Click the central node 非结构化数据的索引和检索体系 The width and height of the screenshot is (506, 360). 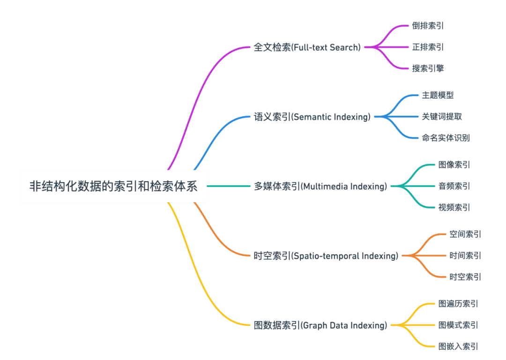[113, 186]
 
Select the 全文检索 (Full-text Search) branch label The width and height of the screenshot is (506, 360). [307, 47]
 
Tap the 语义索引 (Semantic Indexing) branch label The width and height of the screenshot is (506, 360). [312, 117]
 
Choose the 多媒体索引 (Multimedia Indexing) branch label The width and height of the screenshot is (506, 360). [320, 186]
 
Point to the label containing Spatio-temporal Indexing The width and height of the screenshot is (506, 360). [326, 256]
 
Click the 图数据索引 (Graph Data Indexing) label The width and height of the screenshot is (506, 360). [320, 325]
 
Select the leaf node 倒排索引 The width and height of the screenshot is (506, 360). [428, 26]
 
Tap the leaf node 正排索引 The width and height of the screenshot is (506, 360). [428, 47]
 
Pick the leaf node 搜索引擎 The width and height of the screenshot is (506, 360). [428, 68]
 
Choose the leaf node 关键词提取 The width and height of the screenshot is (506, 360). [442, 117]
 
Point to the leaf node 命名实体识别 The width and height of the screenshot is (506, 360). [446, 138]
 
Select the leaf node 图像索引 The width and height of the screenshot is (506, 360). [454, 165]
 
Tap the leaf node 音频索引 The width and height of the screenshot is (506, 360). [454, 186]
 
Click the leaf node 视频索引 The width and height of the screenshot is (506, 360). [454, 207]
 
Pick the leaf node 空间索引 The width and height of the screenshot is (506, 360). [465, 234]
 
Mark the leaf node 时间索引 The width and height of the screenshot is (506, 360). [465, 256]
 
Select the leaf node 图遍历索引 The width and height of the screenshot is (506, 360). [458, 304]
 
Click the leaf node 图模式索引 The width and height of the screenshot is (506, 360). [458, 325]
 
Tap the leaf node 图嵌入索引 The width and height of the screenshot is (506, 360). [458, 346]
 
